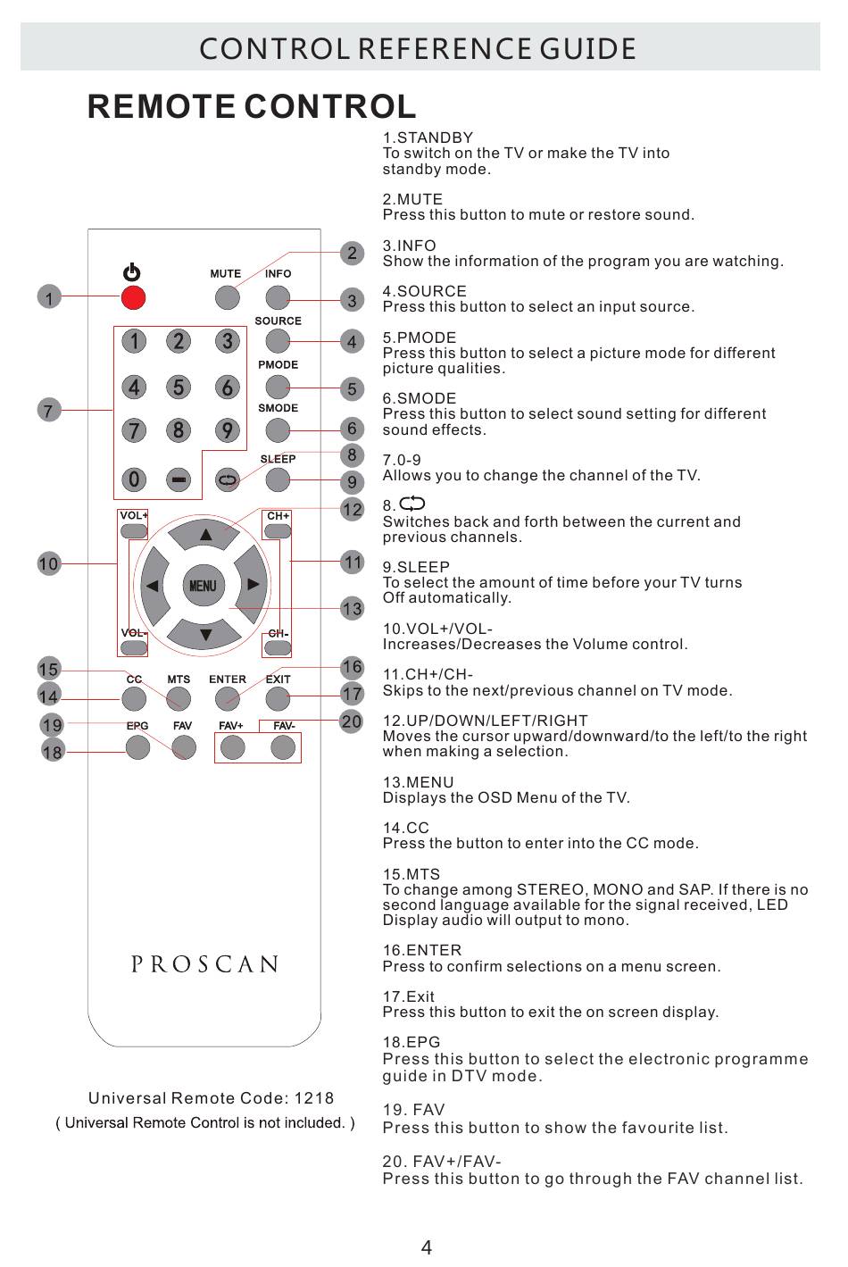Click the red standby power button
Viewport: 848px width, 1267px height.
133,296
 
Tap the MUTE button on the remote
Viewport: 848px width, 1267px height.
226,296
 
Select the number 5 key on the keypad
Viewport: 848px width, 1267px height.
179,388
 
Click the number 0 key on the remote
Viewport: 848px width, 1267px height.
134,480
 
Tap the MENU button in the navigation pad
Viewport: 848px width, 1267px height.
203,586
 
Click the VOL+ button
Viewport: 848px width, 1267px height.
134,531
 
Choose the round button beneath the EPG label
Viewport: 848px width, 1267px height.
137,746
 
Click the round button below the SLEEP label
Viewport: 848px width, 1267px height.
278,479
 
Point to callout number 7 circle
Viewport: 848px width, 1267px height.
49,410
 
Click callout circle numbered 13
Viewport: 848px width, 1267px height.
353,609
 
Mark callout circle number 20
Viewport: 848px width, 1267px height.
352,721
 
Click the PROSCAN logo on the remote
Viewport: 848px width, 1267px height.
205,964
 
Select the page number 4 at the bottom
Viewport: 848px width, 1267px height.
426,1247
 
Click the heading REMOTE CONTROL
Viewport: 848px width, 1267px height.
252,107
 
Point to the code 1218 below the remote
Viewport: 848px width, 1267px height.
313,1098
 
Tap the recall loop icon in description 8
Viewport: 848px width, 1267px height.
413,504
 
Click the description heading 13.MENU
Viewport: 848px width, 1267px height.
418,782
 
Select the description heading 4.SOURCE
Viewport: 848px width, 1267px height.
424,291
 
